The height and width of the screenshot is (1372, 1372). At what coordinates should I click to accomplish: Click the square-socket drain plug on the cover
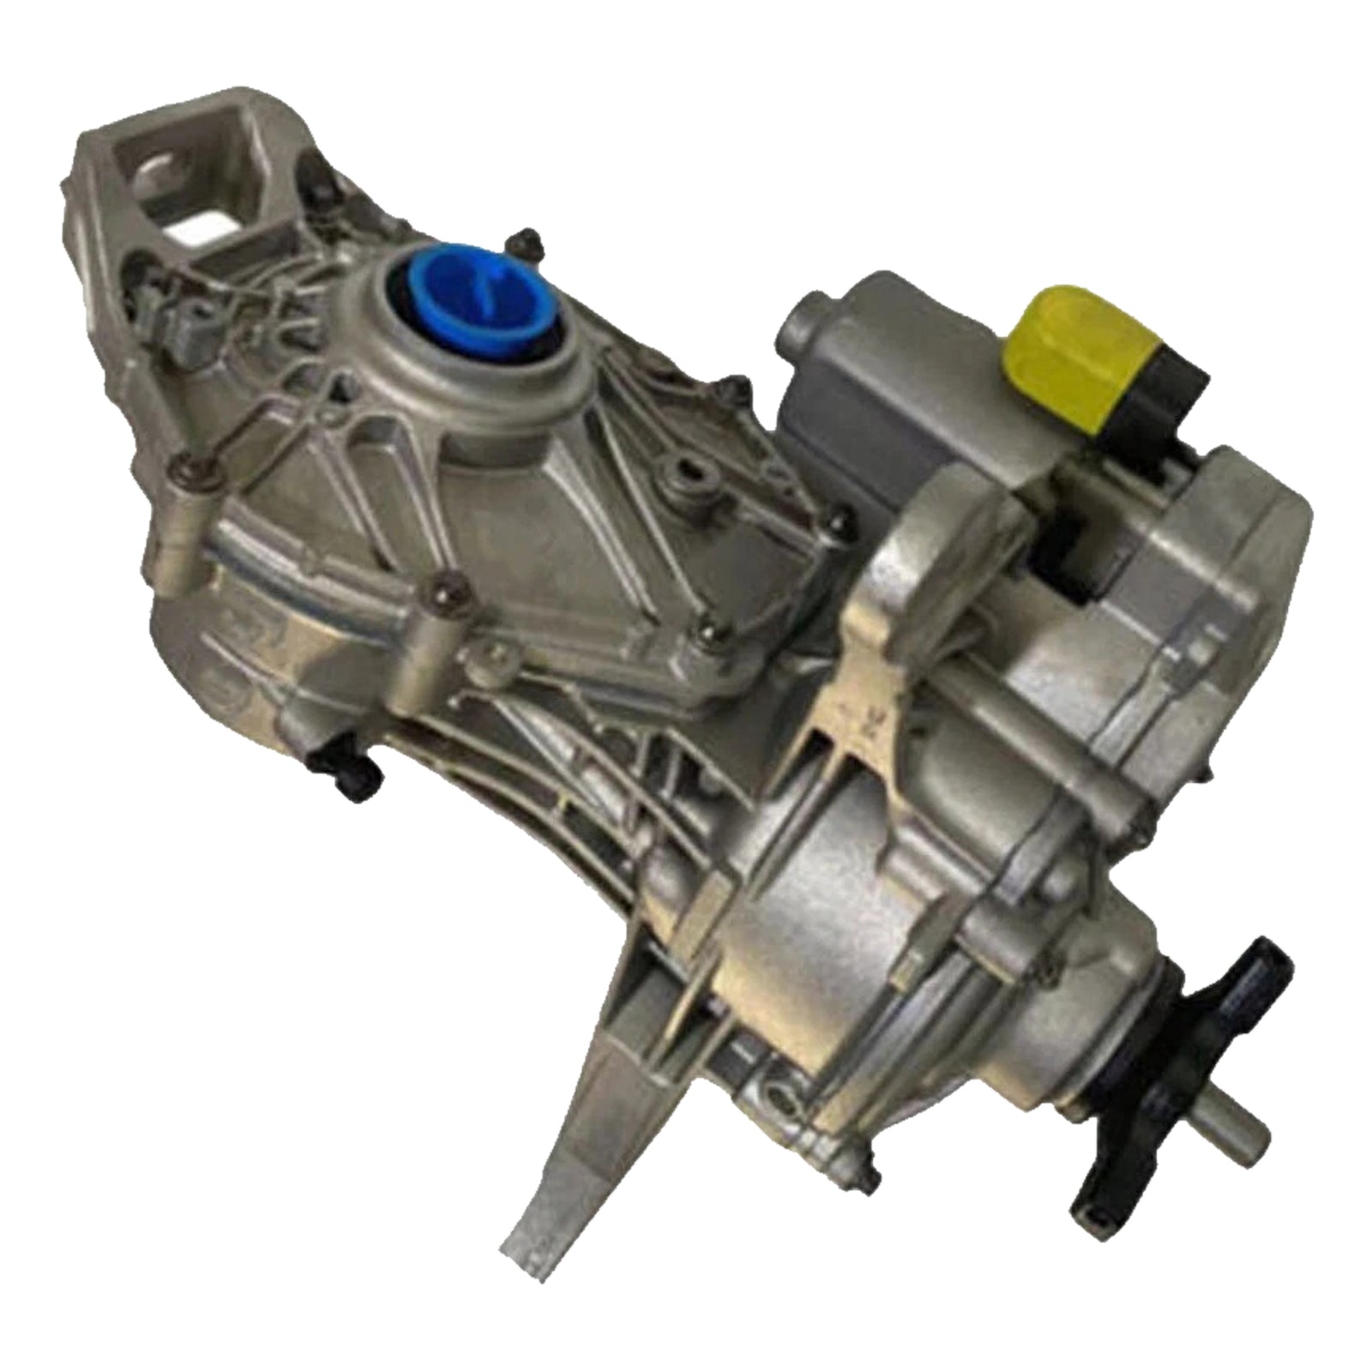tap(687, 471)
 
